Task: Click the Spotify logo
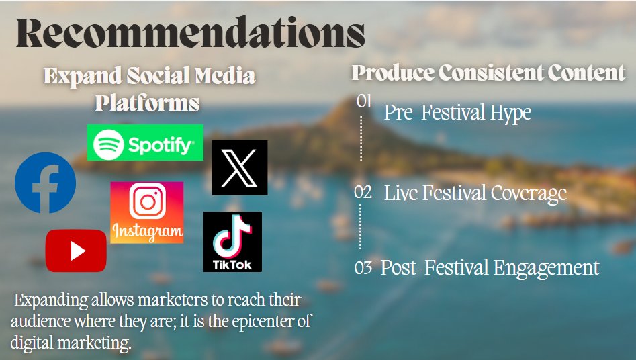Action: tap(145, 142)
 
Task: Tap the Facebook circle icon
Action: tap(45, 183)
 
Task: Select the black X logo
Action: tap(240, 168)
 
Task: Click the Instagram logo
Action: tap(147, 213)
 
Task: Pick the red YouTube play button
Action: tap(76, 251)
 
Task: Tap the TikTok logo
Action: tap(232, 242)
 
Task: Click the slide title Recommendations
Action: tap(191, 32)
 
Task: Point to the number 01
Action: tap(364, 101)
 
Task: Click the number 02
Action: tap(363, 192)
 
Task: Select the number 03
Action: tap(363, 267)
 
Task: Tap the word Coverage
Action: tap(529, 193)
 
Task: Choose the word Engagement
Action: tap(547, 269)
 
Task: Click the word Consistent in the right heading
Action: tap(491, 73)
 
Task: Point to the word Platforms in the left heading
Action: tap(147, 103)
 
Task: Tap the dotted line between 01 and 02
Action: tap(361, 138)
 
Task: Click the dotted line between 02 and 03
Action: tap(360, 226)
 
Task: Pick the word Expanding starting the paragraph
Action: tap(51, 301)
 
